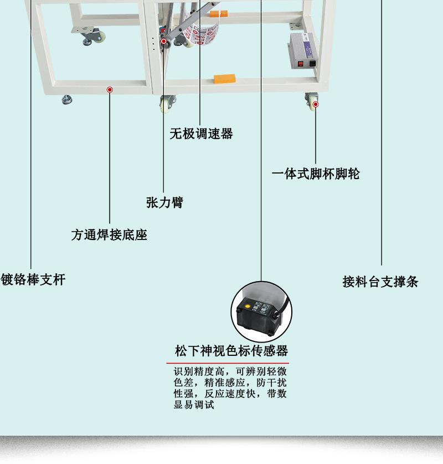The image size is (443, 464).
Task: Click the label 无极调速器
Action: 201,134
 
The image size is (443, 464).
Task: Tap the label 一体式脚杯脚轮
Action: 316,174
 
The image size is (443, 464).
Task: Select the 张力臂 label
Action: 164,202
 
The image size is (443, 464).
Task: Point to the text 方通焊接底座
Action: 109,234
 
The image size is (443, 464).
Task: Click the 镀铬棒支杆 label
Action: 33,279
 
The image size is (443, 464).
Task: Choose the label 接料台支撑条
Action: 380,282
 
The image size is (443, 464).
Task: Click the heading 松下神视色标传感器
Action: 231,351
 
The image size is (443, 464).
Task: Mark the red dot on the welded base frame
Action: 110,89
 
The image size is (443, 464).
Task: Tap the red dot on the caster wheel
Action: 316,104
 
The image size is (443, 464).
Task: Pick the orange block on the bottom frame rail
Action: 224,78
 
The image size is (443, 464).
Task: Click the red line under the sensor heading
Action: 228,363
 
